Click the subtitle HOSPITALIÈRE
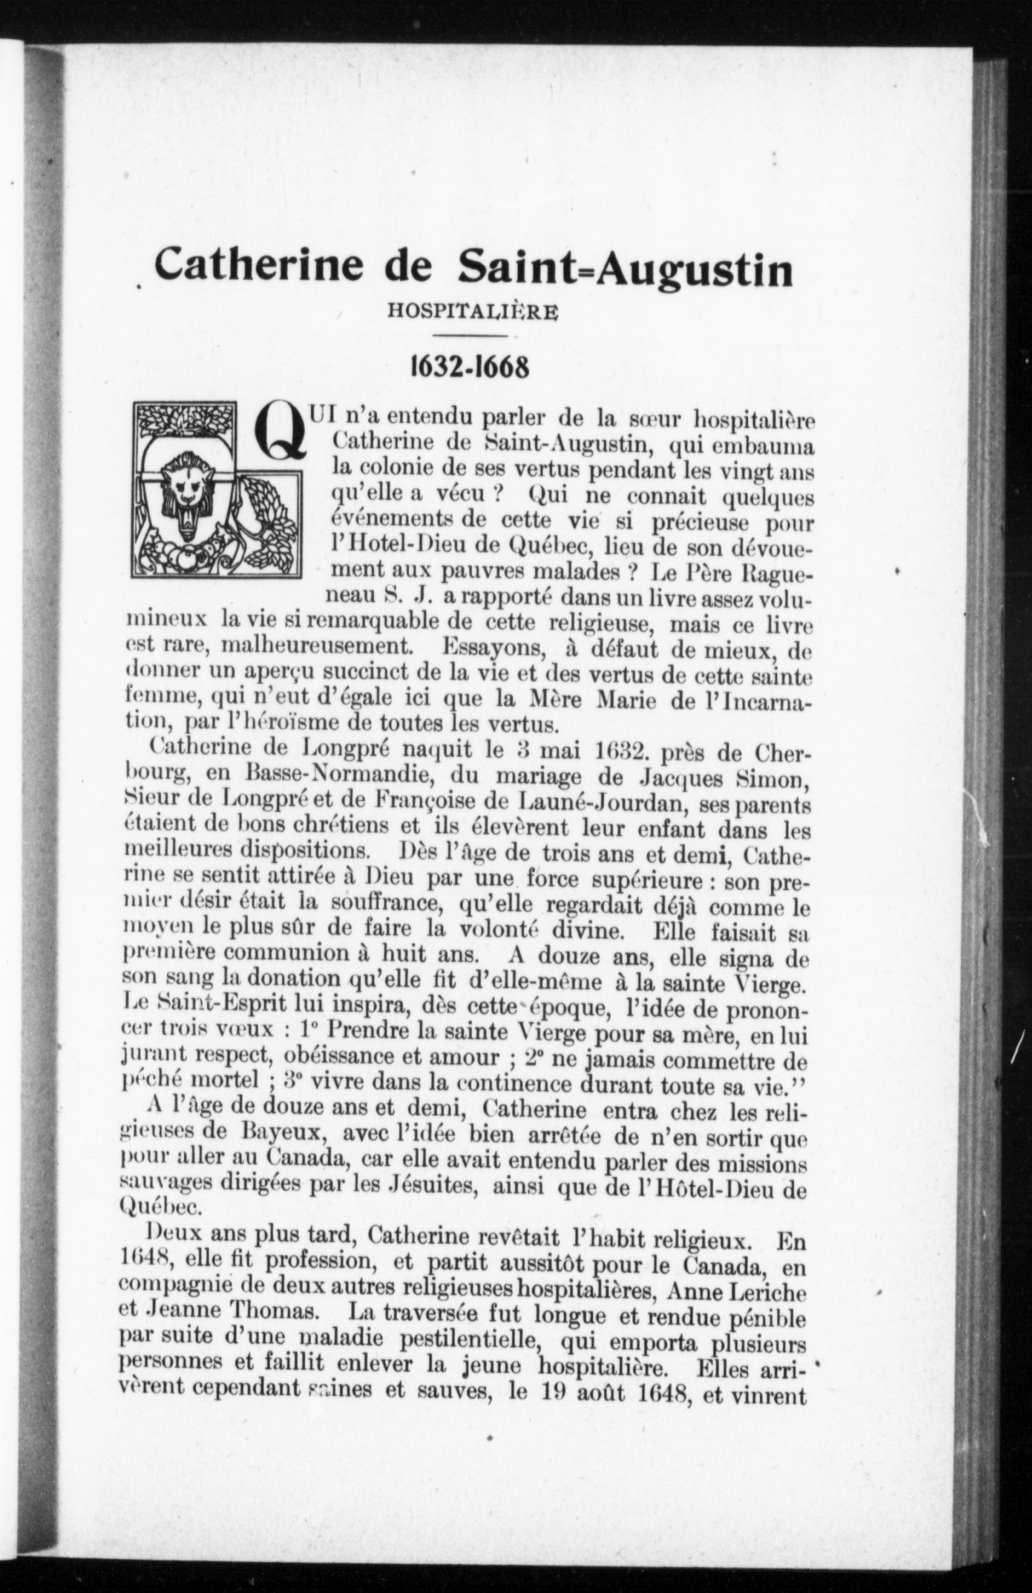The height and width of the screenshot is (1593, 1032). pos(473,313)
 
